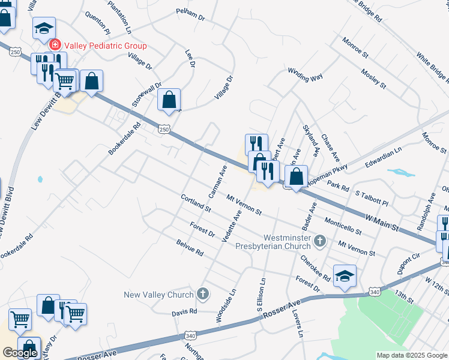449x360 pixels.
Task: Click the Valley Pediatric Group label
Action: [x=105, y=46]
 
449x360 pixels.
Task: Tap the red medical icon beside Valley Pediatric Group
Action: [x=55, y=45]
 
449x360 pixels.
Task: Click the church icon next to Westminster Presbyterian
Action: [x=320, y=241]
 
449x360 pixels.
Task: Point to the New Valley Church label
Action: [x=158, y=294]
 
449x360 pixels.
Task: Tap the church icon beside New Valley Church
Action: [x=203, y=294]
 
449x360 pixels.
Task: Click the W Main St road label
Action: [x=382, y=222]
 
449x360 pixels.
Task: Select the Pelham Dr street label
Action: [x=191, y=14]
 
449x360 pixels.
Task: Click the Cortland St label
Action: [x=196, y=203]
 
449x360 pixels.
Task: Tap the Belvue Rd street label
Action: [x=190, y=248]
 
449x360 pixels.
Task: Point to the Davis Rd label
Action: [x=184, y=312]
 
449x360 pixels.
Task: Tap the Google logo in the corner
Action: [x=20, y=352]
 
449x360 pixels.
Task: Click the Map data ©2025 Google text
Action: [x=412, y=355]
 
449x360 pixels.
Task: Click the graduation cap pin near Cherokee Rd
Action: [x=345, y=275]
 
